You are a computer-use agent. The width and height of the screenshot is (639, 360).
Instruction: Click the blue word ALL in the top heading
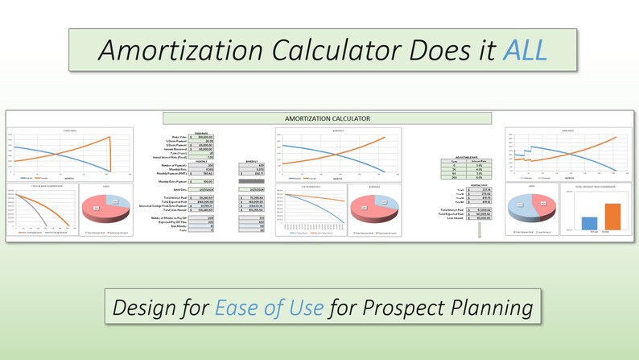tap(523, 51)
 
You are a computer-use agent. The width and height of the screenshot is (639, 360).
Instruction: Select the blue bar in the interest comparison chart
tap(588, 223)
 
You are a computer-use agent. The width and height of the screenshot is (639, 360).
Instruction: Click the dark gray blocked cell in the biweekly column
tap(257, 182)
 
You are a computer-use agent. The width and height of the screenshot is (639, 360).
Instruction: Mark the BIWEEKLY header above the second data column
tap(257, 161)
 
